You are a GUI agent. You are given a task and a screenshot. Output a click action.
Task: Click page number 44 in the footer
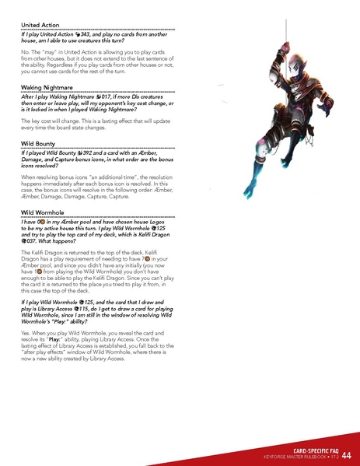[x=345, y=454]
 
